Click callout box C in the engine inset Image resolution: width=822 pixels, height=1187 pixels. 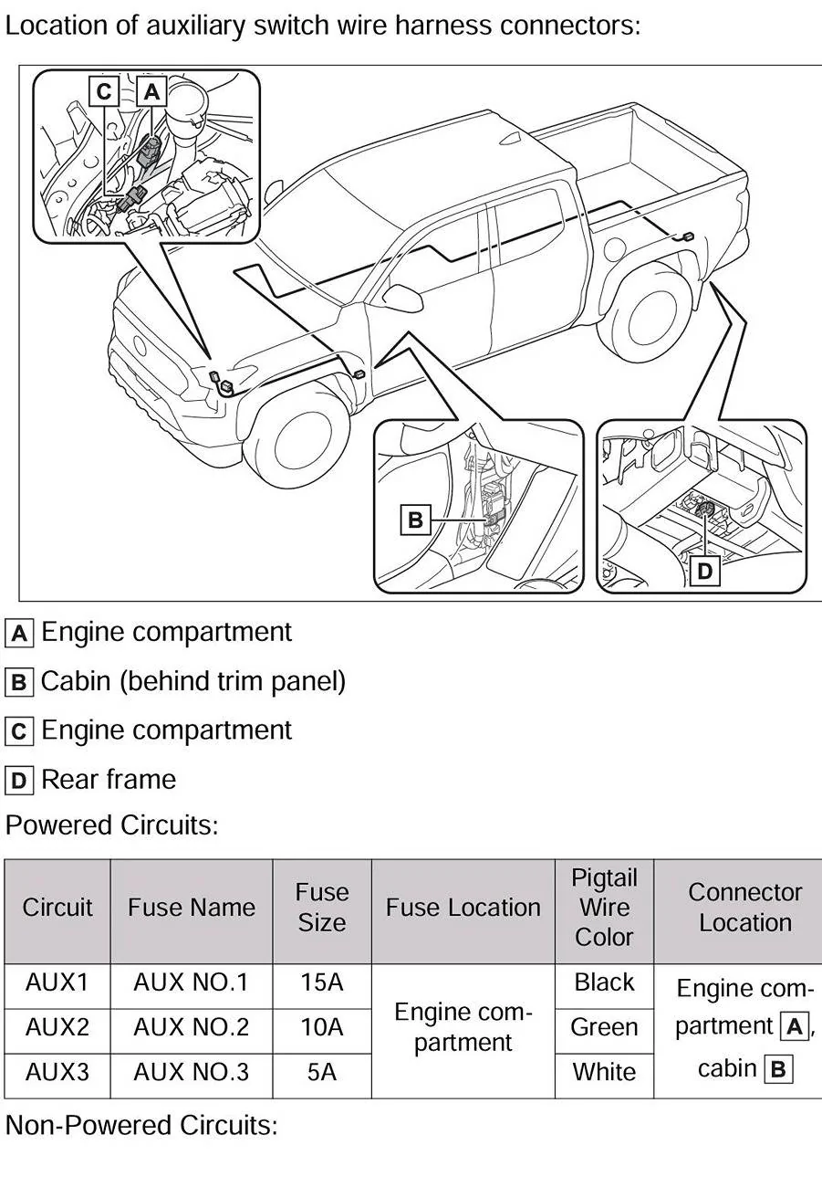[104, 91]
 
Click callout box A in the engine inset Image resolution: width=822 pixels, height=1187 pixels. [151, 91]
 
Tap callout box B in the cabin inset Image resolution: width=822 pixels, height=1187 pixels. [415, 520]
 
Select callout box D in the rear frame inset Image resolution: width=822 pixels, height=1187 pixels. [704, 572]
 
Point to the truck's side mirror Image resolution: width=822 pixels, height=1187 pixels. [402, 296]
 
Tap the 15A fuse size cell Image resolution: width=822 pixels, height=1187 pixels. [321, 982]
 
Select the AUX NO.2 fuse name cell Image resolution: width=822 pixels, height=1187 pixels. [191, 1027]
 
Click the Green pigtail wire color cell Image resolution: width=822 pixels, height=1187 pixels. [603, 1027]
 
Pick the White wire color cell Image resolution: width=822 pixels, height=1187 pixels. [603, 1072]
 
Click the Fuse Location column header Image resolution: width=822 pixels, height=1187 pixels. [463, 908]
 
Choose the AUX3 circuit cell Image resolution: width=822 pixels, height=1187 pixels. [57, 1072]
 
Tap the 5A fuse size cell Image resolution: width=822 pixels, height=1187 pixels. [321, 1072]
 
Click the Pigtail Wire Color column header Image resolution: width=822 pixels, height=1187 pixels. [603, 908]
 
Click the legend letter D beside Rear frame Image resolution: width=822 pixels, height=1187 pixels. [18, 781]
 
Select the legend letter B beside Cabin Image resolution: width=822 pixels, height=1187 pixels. [18, 682]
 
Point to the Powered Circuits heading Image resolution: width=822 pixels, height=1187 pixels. [112, 825]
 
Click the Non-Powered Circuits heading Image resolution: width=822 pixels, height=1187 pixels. [141, 1125]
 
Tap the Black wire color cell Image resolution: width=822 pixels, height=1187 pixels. [603, 982]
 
